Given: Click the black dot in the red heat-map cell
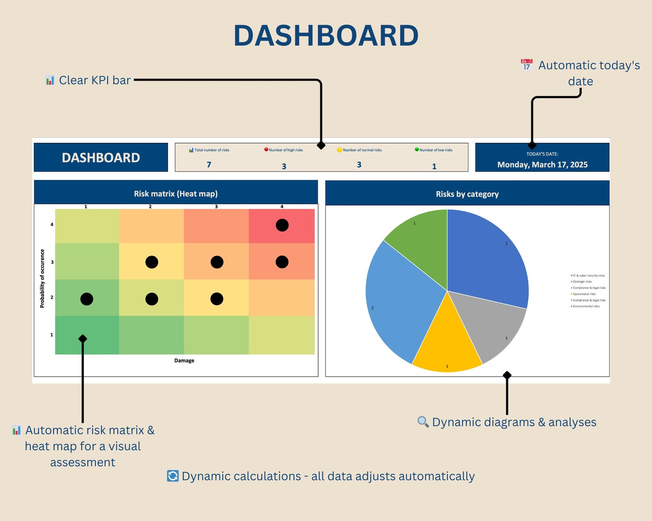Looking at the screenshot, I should tap(282, 225).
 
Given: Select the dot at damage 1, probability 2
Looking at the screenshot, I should tap(87, 299).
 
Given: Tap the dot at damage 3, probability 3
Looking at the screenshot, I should tap(217, 262).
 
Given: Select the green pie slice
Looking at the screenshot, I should tap(423, 242).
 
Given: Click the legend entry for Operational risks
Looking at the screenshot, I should tap(584, 294).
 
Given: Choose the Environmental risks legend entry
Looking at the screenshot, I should tap(586, 306).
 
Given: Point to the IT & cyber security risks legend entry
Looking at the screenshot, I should tap(589, 276).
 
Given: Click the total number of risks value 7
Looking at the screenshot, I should tap(209, 165).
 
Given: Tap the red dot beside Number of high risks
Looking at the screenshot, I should tap(266, 150).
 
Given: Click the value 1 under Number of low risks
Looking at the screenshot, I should tap(434, 167).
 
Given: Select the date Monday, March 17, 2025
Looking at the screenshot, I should tap(542, 165).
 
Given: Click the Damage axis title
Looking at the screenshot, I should tap(184, 361).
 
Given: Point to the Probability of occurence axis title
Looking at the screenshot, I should tap(42, 278).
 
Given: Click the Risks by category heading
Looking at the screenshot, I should tap(467, 194).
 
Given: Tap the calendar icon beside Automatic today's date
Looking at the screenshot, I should tap(527, 65).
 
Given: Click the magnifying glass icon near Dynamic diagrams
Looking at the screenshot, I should tap(423, 422).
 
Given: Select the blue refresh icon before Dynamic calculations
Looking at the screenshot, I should tap(173, 476).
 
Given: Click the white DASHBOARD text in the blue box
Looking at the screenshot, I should tap(101, 158).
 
